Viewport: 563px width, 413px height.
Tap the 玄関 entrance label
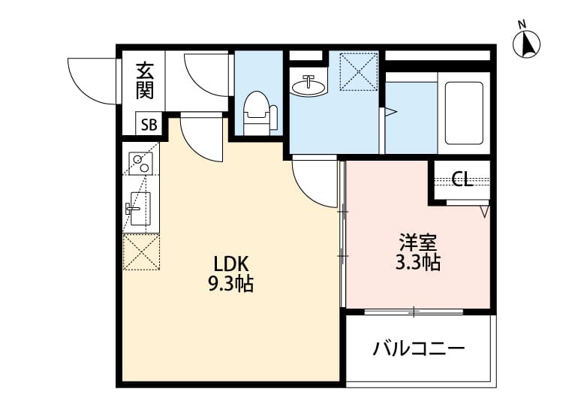coord(145,80)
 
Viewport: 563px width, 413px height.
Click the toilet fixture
coord(257,113)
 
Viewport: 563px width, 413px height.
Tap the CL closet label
coord(462,179)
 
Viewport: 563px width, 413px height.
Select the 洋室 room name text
coord(419,243)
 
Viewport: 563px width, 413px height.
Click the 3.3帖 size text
coord(418,263)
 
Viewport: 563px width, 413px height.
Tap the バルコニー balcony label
coord(419,349)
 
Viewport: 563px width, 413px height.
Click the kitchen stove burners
coord(140,164)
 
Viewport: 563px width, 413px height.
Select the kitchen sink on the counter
coord(140,206)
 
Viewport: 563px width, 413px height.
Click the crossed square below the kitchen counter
coord(140,252)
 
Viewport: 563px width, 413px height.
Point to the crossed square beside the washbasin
coord(357,70)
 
